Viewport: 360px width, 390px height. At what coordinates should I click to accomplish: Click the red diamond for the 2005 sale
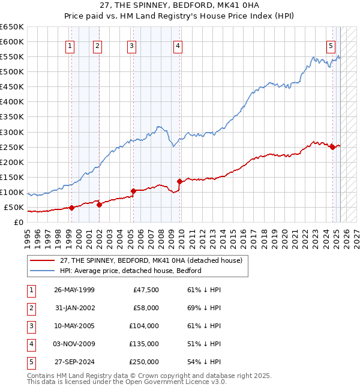pyautogui.click(x=133, y=191)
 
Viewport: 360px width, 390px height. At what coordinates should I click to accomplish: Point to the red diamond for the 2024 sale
pyautogui.click(x=332, y=147)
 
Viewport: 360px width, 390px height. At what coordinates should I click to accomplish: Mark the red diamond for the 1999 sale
pyautogui.click(x=71, y=208)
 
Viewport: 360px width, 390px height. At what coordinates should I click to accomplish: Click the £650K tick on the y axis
pyautogui.click(x=12, y=27)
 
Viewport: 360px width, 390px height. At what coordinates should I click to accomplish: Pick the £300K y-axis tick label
pyautogui.click(x=12, y=132)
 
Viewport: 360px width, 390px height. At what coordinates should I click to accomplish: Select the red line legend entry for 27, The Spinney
pyautogui.click(x=151, y=260)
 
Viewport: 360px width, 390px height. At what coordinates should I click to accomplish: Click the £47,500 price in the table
pyautogui.click(x=144, y=290)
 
